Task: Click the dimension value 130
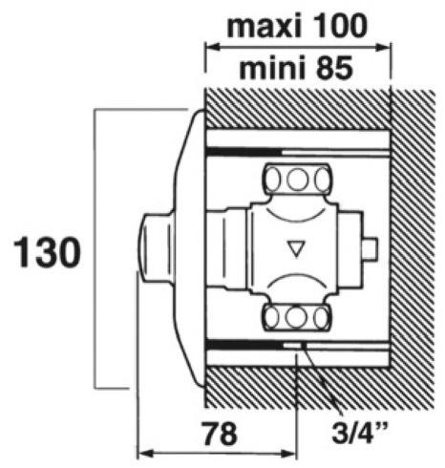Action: [x=47, y=253]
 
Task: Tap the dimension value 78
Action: [x=221, y=434]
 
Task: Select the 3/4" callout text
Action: [x=360, y=432]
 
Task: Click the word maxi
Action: [x=265, y=26]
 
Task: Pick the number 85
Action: [x=333, y=68]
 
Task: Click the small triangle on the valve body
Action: [x=296, y=248]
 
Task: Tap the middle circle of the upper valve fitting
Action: [x=297, y=180]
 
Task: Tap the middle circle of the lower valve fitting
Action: [x=296, y=317]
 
